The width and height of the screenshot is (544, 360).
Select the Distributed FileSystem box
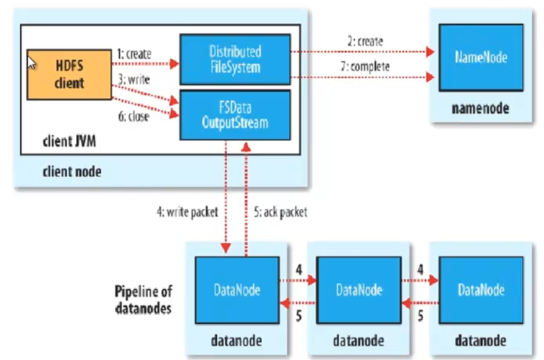pos(235,59)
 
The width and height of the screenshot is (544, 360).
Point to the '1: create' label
pos(134,55)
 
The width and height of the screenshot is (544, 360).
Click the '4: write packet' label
pos(187,213)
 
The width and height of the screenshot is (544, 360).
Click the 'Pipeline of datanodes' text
pos(143,300)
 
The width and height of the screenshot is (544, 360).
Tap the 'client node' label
pos(72,172)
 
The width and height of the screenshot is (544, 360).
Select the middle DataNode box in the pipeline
pos(359,290)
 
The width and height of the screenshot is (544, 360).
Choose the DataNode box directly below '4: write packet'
pos(236,290)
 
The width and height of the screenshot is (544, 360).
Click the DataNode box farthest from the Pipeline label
pos(480,290)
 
